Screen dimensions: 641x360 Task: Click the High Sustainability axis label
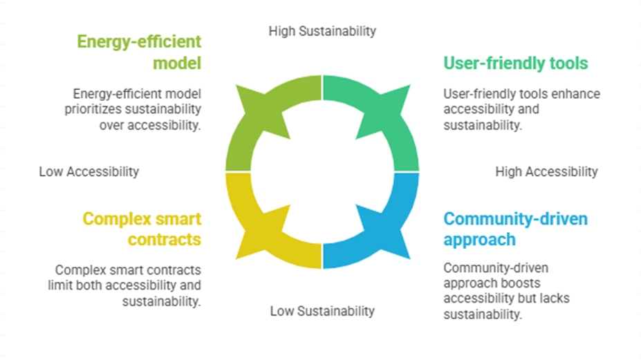tap(322, 31)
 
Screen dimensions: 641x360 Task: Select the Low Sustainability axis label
tap(322, 311)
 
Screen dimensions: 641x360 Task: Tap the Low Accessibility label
tap(89, 171)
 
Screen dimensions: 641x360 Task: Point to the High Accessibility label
tap(546, 171)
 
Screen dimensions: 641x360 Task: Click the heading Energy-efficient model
tap(139, 53)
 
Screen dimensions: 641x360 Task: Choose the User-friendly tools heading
tap(516, 64)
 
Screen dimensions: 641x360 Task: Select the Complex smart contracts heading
tap(142, 229)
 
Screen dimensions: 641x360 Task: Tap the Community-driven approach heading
tap(516, 229)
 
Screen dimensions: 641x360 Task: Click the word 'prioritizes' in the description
tap(93, 109)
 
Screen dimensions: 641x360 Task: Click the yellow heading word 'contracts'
tap(165, 240)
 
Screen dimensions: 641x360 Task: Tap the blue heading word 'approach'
tap(479, 240)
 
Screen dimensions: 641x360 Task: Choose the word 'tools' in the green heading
tap(568, 64)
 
